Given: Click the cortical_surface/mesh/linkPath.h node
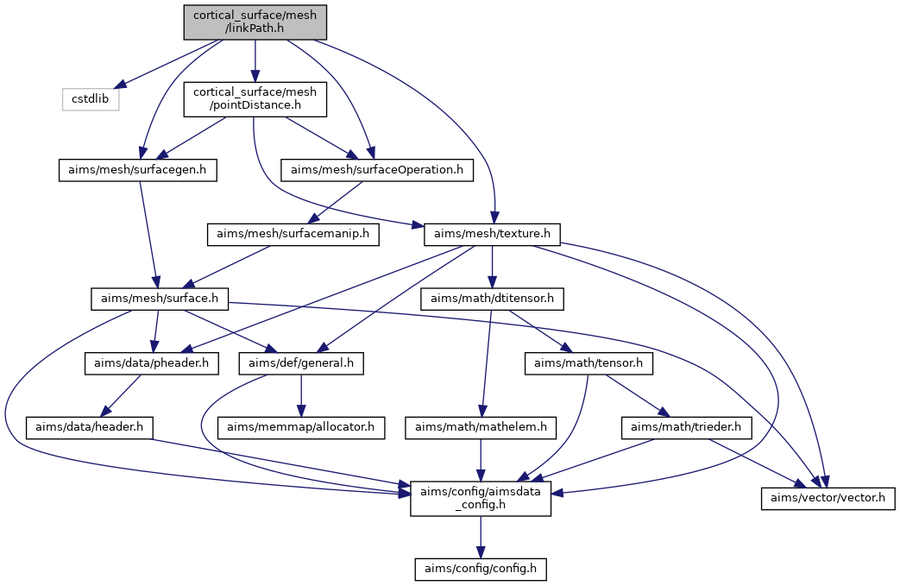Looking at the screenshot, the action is (x=255, y=22).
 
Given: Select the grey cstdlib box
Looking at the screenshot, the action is (x=91, y=99).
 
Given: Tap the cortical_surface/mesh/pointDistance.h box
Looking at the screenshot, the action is (x=255, y=99).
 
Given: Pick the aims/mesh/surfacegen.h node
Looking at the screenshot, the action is (x=138, y=170).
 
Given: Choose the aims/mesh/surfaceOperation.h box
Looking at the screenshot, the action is (x=377, y=170).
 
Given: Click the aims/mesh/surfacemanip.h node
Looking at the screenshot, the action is (x=293, y=234).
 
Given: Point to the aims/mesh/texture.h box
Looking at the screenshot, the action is (x=492, y=234).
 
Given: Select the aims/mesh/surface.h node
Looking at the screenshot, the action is (x=160, y=299).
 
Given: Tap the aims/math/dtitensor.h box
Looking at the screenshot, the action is (x=492, y=299).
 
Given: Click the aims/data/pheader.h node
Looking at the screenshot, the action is (x=152, y=363).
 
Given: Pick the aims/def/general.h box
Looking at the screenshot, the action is (x=301, y=363).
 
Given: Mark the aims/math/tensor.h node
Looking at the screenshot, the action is (x=588, y=363).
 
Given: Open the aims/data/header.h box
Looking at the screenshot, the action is (x=89, y=427).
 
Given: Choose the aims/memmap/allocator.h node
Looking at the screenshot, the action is (x=301, y=427).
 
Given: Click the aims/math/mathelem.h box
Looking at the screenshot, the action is (x=481, y=427).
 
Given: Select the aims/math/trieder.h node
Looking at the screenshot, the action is (x=686, y=427).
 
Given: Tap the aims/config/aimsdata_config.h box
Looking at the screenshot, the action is (x=481, y=498).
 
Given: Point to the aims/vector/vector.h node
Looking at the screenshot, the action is (x=828, y=498).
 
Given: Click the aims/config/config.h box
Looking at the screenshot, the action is (x=481, y=569).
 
